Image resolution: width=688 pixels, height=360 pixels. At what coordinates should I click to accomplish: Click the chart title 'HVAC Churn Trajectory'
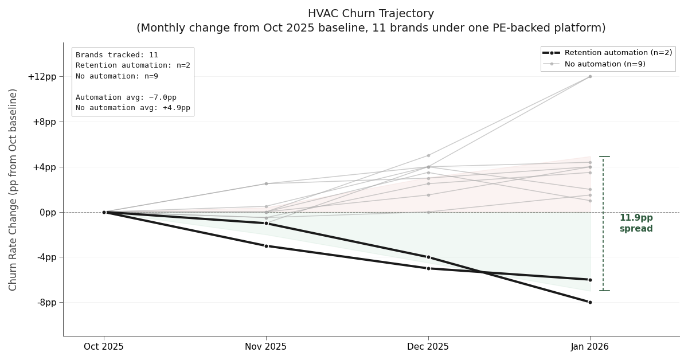coord(370,14)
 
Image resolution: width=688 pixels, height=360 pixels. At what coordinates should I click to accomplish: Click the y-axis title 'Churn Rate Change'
coord(13,189)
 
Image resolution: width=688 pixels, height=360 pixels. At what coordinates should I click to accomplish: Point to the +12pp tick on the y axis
coord(42,77)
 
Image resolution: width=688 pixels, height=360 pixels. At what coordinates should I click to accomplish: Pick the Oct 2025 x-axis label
coord(104,347)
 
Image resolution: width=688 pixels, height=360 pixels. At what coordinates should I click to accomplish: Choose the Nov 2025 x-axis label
coord(265,347)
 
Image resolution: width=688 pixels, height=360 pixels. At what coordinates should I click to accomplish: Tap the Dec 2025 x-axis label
coord(428,347)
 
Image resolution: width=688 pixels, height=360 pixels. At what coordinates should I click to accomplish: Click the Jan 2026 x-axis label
coord(590,347)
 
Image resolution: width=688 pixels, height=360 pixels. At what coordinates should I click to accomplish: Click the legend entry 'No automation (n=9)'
coord(605,64)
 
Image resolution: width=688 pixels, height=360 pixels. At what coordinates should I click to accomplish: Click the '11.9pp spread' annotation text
coord(636,223)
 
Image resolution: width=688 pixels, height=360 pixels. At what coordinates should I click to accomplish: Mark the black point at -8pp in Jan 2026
coord(590,302)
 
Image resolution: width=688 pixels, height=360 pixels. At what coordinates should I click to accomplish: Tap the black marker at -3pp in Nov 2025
coord(266,246)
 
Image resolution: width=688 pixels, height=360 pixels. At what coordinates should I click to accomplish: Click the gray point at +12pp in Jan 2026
coord(590,76)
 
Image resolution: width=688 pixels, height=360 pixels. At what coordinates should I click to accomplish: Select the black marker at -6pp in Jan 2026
coord(590,280)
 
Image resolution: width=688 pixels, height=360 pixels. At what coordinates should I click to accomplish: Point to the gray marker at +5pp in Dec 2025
coord(428,155)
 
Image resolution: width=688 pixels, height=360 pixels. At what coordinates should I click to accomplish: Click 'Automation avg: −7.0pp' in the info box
coord(126,97)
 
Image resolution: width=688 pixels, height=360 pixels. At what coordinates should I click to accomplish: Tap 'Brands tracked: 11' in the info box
coord(117,55)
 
